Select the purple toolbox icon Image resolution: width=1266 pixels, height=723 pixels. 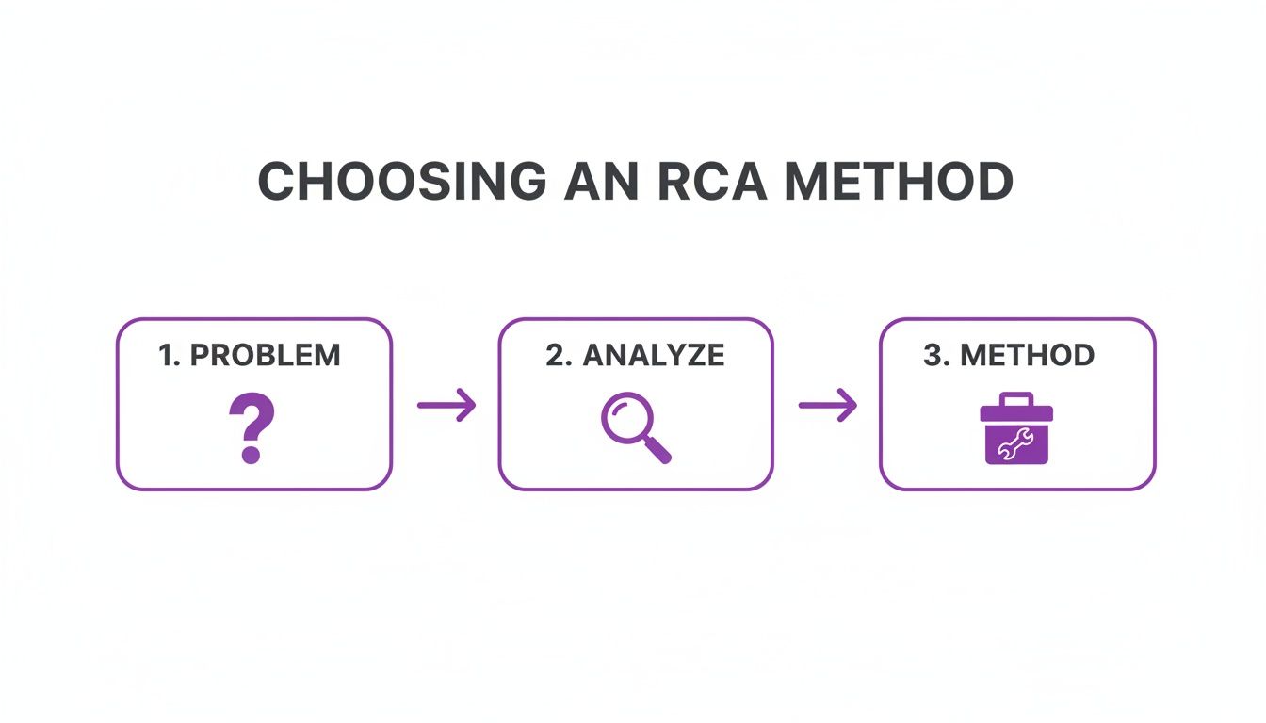pyautogui.click(x=1016, y=428)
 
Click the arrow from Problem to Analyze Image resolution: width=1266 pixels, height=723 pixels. pyautogui.click(x=446, y=406)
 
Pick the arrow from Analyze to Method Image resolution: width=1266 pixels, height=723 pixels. pyautogui.click(x=828, y=406)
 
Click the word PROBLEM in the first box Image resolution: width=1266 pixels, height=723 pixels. pyautogui.click(x=265, y=356)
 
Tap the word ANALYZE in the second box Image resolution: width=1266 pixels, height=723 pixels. pyautogui.click(x=654, y=356)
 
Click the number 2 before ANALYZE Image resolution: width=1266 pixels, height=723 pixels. pyautogui.click(x=554, y=356)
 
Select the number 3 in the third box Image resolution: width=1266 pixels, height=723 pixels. pyautogui.click(x=931, y=356)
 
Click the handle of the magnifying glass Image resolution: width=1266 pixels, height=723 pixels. pyautogui.click(x=658, y=451)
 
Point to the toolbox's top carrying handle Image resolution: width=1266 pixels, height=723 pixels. pyautogui.click(x=1016, y=399)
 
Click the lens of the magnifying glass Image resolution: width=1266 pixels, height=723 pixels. pyautogui.click(x=625, y=418)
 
